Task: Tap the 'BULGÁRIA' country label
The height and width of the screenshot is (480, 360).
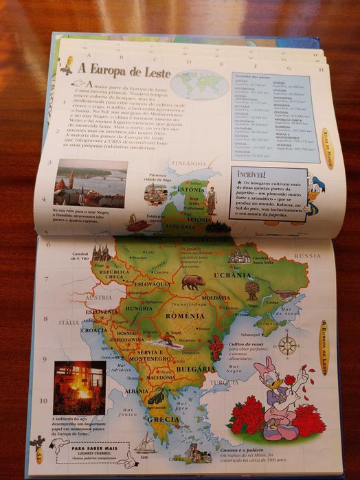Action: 196,369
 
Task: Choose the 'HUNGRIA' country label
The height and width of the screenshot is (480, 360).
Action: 139,309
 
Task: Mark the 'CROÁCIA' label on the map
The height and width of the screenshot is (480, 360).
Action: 94,330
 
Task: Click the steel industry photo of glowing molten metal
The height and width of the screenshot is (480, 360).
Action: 78,386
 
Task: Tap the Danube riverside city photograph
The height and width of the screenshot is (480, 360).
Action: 91,183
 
